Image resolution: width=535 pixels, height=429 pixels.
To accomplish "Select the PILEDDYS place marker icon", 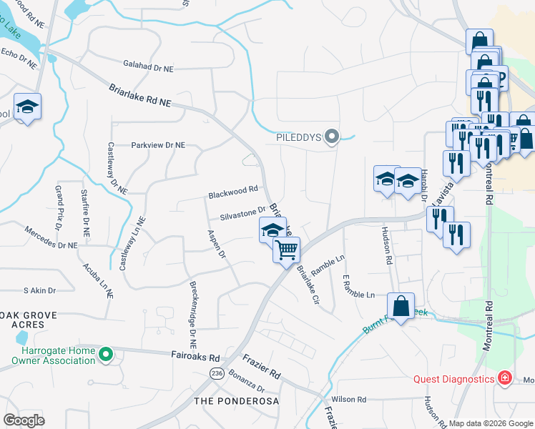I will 331,136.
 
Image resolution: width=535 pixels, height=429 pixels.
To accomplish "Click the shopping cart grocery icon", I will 286,250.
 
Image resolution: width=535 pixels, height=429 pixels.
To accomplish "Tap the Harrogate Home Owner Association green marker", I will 105,353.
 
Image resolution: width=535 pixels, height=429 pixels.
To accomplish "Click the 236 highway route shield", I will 215,373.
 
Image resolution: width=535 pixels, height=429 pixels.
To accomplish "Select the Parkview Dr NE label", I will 158,145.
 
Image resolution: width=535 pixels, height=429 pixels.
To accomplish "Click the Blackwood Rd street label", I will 232,192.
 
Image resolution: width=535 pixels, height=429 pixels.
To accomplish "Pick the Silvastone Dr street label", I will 242,212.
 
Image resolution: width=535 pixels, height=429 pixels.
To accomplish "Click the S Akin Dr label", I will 39,291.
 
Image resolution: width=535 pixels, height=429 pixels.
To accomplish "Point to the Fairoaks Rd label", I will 195,355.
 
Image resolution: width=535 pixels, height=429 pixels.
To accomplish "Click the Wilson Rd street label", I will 348,399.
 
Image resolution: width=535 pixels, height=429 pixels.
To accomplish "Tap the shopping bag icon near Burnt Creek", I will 401,305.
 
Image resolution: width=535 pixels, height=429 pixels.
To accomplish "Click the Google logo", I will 24,420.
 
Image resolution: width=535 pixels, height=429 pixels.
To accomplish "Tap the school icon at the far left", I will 28,107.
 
